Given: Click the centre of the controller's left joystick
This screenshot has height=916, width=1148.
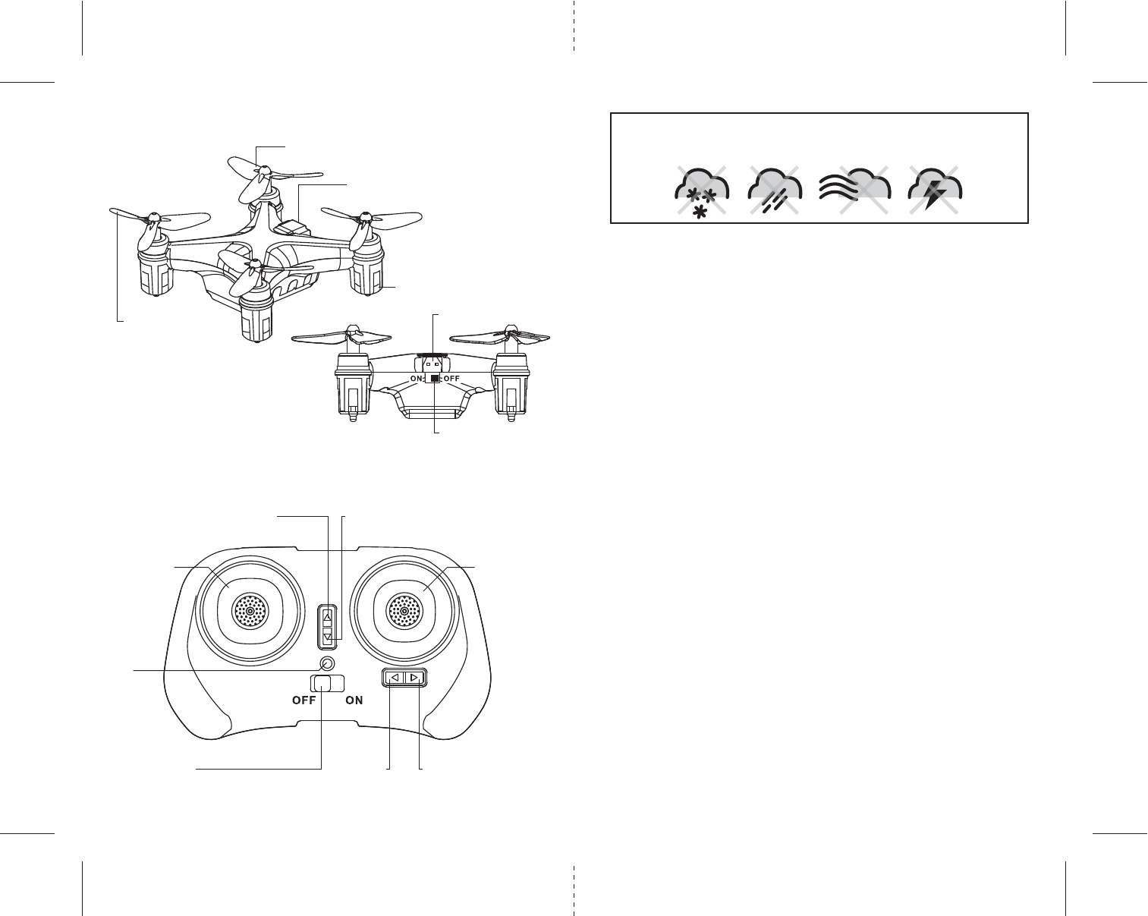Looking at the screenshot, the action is [250, 610].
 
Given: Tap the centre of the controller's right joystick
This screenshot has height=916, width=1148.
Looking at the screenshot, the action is [404, 610].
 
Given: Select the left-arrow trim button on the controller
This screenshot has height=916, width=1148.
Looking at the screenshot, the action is [394, 678].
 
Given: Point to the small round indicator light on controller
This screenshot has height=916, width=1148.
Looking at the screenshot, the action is [328, 663].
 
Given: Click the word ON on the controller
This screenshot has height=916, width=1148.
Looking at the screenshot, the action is [354, 701].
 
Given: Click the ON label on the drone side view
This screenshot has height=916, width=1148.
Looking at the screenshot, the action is [417, 378].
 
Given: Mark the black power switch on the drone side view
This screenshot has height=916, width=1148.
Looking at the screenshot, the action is [434, 378].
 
